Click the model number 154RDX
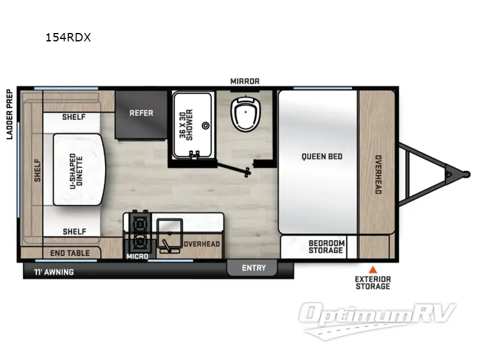(x=68, y=37)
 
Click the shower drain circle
(x=205, y=126)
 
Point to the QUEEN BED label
(x=322, y=157)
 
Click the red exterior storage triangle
(x=373, y=269)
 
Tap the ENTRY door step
(x=254, y=268)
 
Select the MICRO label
(x=137, y=256)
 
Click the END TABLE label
(x=70, y=253)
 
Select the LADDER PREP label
(x=10, y=114)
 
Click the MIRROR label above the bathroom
(x=245, y=81)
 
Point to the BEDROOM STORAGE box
(x=326, y=247)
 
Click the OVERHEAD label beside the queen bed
(x=378, y=175)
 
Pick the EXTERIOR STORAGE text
(x=373, y=283)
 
